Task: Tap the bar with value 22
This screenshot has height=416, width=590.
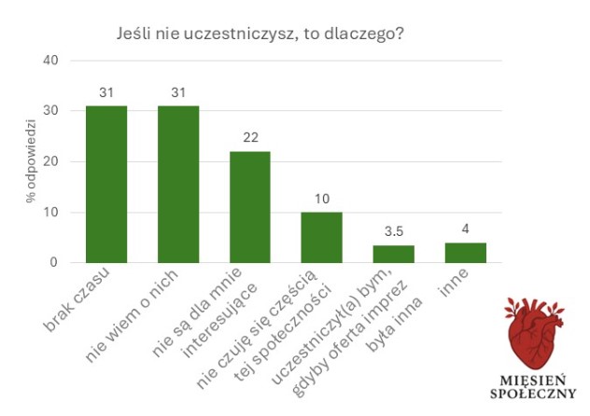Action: pos(250,206)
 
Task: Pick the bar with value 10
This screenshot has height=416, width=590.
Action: pos(321,237)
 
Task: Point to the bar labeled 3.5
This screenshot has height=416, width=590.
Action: pos(393,254)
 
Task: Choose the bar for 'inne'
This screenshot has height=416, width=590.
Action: pos(465,252)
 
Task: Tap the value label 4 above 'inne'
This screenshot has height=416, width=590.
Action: pos(465,229)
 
